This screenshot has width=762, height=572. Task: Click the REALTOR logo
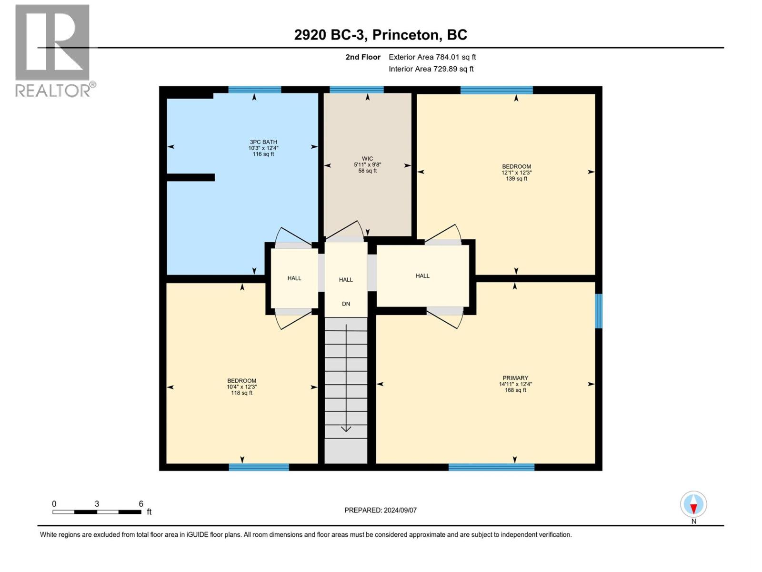click(x=55, y=51)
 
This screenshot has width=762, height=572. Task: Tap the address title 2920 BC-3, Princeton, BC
click(x=381, y=35)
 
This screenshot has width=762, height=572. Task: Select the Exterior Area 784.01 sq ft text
click(x=432, y=57)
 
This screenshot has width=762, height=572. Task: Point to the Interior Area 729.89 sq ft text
click(x=431, y=69)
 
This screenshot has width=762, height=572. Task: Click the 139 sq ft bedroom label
click(x=516, y=172)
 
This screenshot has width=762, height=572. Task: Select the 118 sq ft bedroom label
click(x=241, y=387)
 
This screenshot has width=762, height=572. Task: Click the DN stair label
click(x=346, y=304)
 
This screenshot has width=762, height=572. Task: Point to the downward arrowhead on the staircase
click(x=346, y=429)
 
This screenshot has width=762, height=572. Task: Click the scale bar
click(x=97, y=512)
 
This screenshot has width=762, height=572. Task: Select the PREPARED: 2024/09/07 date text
click(x=380, y=510)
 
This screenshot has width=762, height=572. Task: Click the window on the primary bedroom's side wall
click(x=599, y=311)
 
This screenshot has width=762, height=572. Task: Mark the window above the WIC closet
click(x=357, y=90)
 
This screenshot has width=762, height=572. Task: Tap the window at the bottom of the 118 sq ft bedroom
click(x=259, y=467)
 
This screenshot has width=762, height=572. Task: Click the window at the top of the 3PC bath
click(x=254, y=90)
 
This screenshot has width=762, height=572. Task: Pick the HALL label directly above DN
click(x=346, y=280)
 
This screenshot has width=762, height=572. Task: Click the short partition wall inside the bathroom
click(x=190, y=177)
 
